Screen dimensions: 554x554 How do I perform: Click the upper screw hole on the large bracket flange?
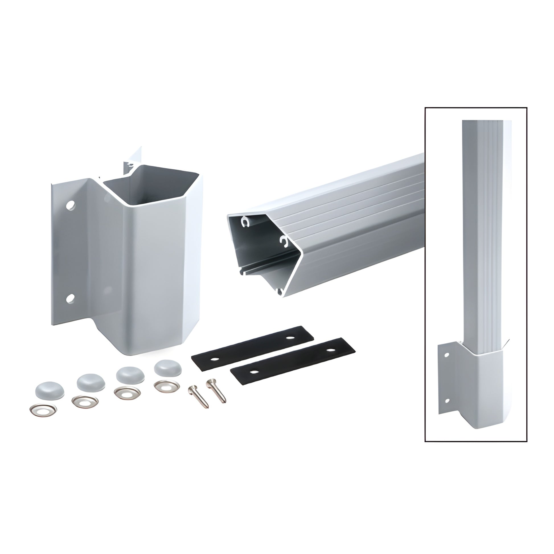pyautogui.click(x=70, y=205)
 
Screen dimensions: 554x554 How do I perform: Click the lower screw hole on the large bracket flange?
pyautogui.click(x=70, y=299)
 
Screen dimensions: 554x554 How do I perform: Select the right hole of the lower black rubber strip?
pyautogui.click(x=331, y=350)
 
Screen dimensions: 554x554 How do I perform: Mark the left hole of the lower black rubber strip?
pyautogui.click(x=253, y=372)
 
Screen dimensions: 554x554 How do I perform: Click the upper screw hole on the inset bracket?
pyautogui.click(x=446, y=355)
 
